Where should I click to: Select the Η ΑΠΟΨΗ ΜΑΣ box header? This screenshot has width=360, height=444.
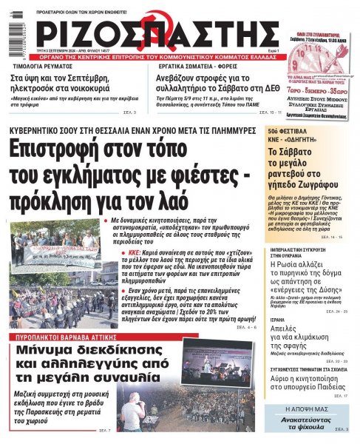[x=308, y=408]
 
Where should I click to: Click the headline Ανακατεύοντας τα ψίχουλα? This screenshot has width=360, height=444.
[x=308, y=423]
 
